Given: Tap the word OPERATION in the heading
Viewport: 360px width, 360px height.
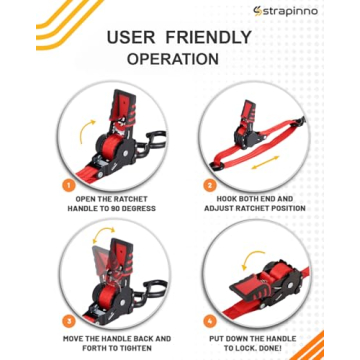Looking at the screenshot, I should tap(173, 59).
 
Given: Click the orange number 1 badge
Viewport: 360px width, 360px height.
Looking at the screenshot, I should tap(69, 185).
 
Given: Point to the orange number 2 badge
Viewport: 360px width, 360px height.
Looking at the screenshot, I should tap(211, 185).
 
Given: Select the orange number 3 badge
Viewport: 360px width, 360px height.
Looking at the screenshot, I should tap(69, 322).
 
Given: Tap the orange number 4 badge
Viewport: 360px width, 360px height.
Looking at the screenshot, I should tap(211, 322).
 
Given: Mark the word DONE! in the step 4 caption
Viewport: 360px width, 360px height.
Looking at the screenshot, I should tap(293, 349).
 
